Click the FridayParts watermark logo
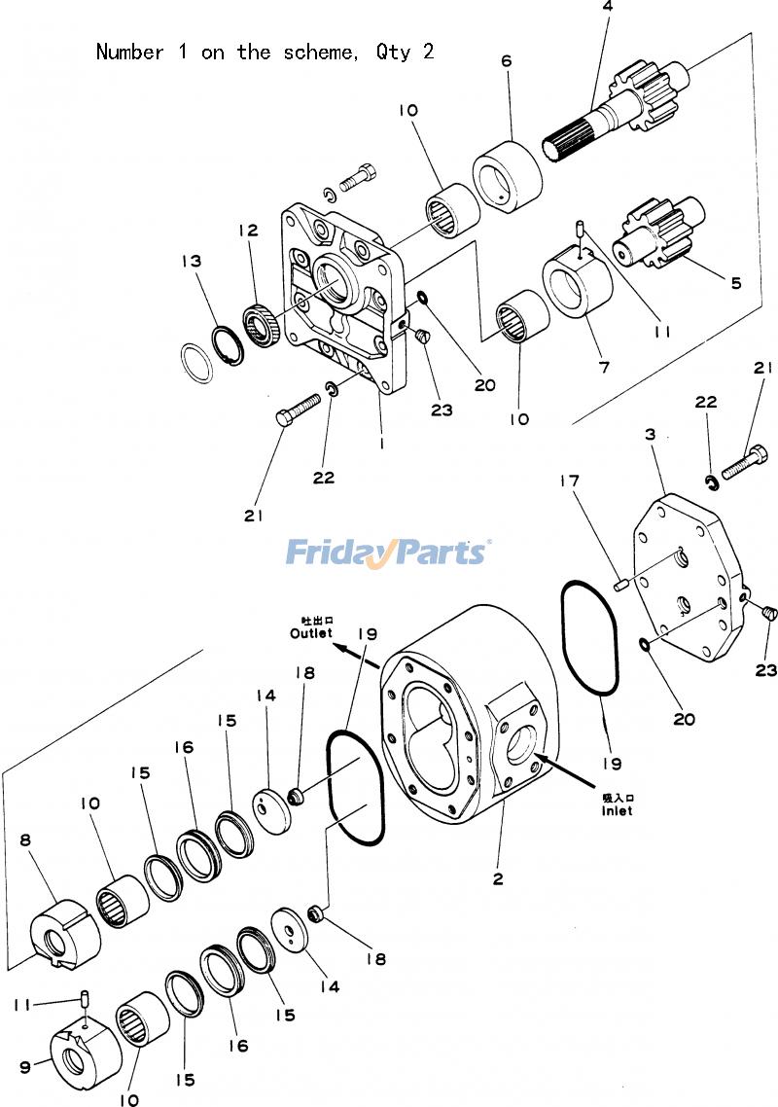click(x=388, y=553)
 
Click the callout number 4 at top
click(x=607, y=8)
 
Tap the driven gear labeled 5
click(x=656, y=236)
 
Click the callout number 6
click(x=506, y=60)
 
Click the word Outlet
click(x=310, y=633)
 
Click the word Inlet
click(x=616, y=810)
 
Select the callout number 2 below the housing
click(x=498, y=878)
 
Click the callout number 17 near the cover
click(x=570, y=480)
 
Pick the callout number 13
click(x=191, y=261)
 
